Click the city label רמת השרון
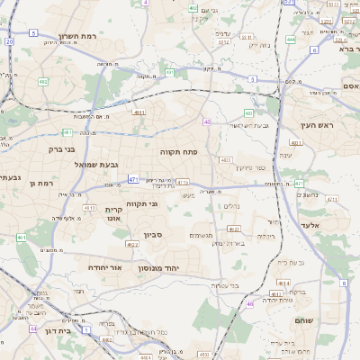click(78, 36)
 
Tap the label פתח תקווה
click(178, 152)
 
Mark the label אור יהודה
click(105, 267)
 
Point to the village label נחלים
click(230, 206)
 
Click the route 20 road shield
click(9, 41)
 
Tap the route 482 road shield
click(43, 82)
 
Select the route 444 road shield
click(291, 40)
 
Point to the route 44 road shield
click(32, 329)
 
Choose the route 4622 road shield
click(132, 244)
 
